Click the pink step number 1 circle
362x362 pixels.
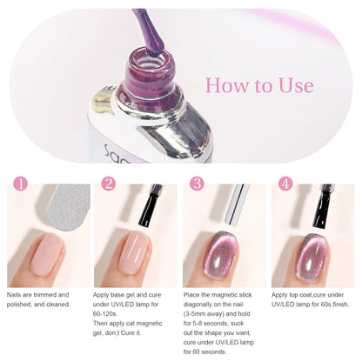click(x=21, y=184)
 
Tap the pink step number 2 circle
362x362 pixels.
click(x=109, y=184)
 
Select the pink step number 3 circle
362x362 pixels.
click(x=197, y=184)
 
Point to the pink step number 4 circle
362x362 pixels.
click(x=285, y=184)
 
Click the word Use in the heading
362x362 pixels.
click(x=296, y=85)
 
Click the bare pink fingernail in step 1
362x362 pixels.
click(x=47, y=251)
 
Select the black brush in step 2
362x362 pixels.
click(x=150, y=205)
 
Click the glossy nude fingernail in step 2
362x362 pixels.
click(x=134, y=252)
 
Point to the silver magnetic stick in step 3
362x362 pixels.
click(x=237, y=204)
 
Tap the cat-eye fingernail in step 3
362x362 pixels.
click(x=221, y=255)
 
